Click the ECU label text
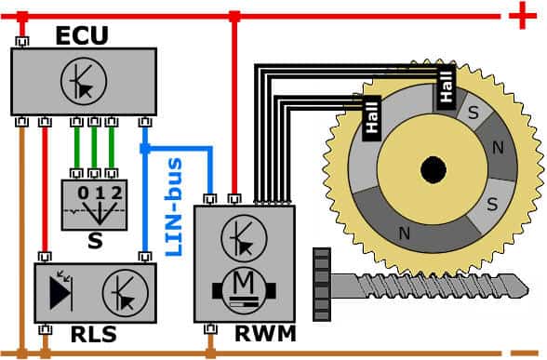82,35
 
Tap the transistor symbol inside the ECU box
84,81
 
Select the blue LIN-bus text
174,207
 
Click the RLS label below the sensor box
93,334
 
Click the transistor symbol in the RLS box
126,293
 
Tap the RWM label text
265,333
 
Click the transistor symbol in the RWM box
244,238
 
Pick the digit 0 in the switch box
83,193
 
